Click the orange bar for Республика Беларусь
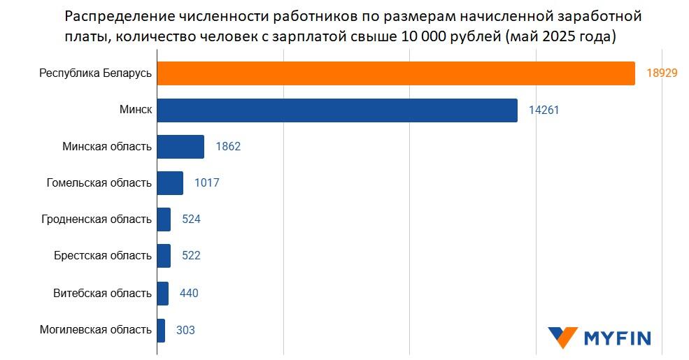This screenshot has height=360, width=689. point(395,73)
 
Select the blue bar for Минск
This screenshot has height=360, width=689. point(336,110)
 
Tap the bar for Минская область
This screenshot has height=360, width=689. point(180,147)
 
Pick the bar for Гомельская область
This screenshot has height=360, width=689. point(170,183)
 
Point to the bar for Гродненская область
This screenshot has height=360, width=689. point(164,219)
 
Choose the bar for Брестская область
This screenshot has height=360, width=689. point(164,256)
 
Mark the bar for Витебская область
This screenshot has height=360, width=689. point(162,293)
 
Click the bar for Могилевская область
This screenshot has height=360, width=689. point(161,330)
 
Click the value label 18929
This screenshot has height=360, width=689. point(662,73)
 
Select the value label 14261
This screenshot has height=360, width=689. point(544,110)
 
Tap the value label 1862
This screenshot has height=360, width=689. point(228,147)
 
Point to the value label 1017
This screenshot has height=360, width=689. point(207,183)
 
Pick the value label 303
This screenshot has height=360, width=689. point(185,330)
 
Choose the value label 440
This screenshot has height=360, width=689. point(189,293)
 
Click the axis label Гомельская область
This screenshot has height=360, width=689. point(99,183)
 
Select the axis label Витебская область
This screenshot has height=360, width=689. point(102,293)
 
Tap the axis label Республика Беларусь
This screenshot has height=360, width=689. point(95,73)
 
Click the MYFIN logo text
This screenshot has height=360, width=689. point(618,339)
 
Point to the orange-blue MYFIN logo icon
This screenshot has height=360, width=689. point(563,338)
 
